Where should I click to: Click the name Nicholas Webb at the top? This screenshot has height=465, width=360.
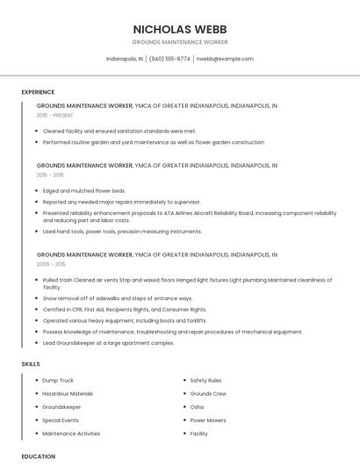[x=179, y=28]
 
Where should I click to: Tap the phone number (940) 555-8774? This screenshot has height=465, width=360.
[x=169, y=59]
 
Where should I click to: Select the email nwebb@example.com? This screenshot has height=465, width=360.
[x=225, y=59]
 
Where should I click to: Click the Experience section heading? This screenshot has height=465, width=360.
[x=38, y=92]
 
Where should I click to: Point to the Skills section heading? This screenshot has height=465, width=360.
[x=31, y=363]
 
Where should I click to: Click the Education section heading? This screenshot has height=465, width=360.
[x=39, y=456]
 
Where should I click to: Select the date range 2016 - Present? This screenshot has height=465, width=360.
[x=54, y=115]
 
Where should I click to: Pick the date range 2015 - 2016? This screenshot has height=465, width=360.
[x=50, y=175]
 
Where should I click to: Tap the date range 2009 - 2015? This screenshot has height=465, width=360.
[x=51, y=264]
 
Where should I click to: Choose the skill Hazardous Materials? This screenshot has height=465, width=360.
[x=68, y=394]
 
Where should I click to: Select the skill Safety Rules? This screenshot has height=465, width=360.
[x=205, y=381]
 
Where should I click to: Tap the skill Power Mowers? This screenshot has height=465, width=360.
[x=208, y=420]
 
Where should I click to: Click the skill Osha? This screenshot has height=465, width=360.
[x=197, y=407]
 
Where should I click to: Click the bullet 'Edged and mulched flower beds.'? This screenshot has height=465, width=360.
[x=84, y=190]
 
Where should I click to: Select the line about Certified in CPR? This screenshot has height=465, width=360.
[x=125, y=310]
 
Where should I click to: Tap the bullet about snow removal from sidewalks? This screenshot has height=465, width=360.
[x=118, y=298]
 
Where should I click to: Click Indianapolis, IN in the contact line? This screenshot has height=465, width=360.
[x=125, y=59]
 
